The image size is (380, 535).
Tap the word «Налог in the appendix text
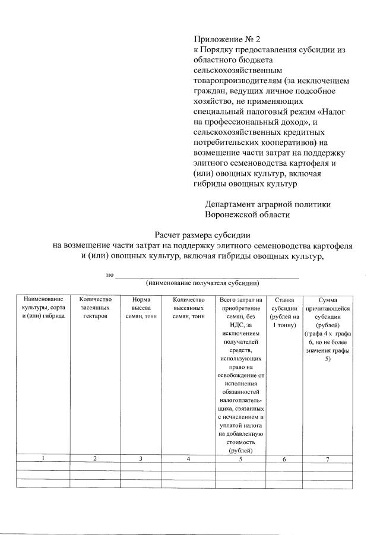334,112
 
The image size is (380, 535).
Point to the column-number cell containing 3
141,458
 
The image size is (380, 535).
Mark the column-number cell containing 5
240,458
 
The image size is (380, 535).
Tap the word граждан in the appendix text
210,91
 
